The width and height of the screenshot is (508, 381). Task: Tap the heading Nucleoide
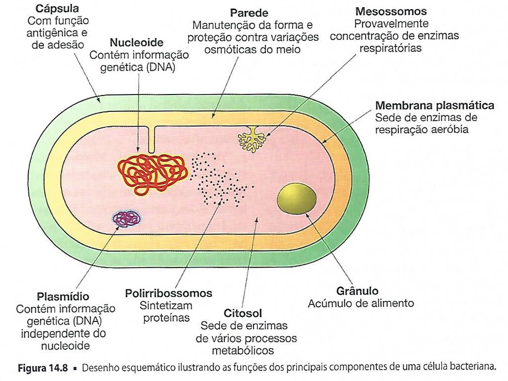pos(136,43)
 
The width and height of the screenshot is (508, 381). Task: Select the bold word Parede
pos(249,13)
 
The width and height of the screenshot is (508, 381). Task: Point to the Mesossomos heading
pos(391,11)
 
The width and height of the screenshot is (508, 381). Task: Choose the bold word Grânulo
pos(357,291)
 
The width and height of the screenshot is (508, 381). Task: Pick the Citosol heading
pos(243,313)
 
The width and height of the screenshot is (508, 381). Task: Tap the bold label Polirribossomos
pos(169,293)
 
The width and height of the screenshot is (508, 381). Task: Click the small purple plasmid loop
pos(126,218)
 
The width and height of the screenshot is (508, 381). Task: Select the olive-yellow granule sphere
pos(296,198)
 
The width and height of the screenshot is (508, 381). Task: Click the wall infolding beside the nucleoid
pos(152,139)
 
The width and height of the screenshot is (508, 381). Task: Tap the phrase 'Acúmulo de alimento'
pos(360,303)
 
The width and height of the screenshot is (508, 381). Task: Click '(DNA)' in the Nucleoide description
pos(161,68)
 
